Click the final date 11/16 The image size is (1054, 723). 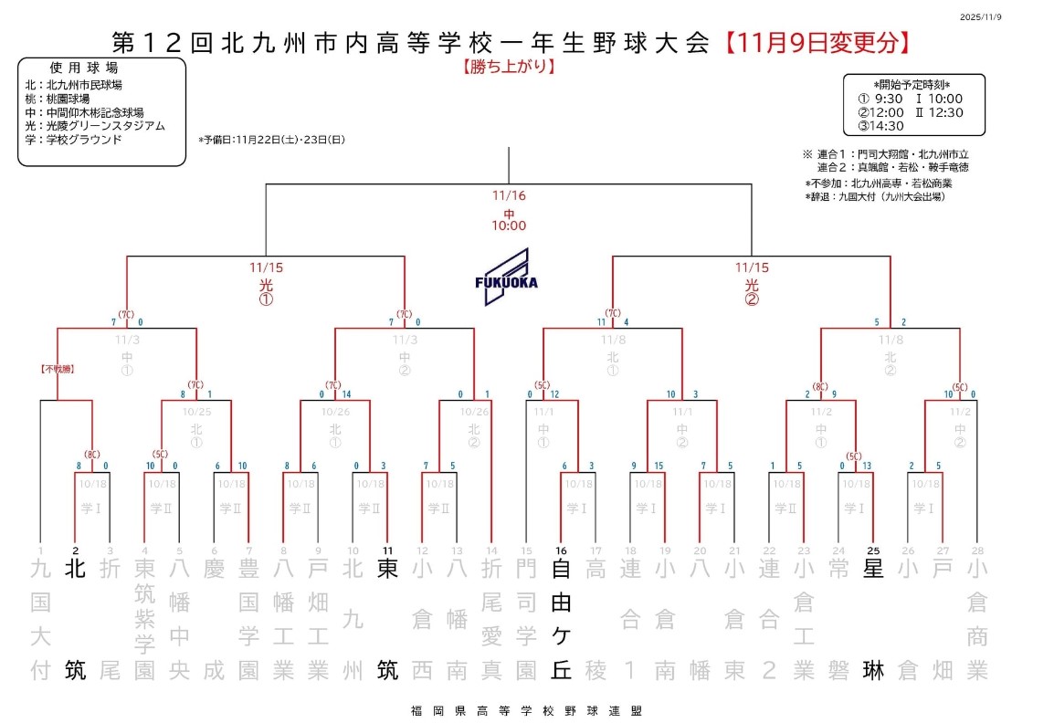pos(508,195)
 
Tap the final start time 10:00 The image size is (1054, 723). pos(508,225)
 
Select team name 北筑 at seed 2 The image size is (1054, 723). pos(76,619)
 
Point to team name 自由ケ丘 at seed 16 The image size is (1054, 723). pos(562,619)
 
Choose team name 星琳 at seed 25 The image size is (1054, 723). pos(873,619)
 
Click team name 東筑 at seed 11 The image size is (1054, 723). pos(388,619)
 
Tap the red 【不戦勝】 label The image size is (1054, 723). pos(57,369)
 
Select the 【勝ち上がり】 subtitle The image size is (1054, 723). pos(509,67)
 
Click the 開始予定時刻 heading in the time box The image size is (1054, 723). pos(913,84)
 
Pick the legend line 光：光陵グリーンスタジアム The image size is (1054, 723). pos(96,126)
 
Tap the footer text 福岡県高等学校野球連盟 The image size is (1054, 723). pos(520,710)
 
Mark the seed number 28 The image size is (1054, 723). pos(977,550)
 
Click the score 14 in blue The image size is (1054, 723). pos(346,394)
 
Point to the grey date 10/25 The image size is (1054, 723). pos(195,412)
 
